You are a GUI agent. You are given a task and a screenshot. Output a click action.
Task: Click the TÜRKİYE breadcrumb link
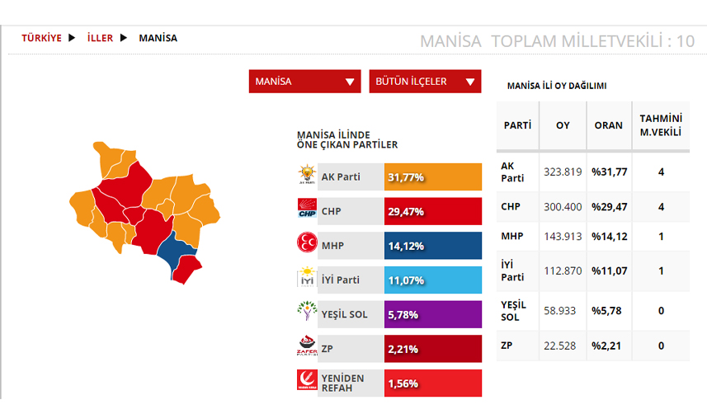(x=41, y=38)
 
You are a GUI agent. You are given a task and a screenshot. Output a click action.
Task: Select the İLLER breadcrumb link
(x=100, y=38)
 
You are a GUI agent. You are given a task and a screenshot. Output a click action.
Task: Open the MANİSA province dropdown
(x=304, y=82)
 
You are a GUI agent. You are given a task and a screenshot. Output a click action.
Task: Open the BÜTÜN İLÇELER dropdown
(x=424, y=82)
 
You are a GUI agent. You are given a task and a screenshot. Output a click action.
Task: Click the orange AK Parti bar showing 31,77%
(x=433, y=177)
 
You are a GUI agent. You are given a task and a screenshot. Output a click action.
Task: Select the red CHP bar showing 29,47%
(x=433, y=212)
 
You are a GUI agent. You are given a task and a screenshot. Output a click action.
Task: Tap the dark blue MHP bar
(x=433, y=246)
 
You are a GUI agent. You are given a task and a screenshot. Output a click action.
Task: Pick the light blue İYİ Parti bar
(x=433, y=280)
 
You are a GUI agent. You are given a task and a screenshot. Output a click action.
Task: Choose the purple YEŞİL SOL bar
(x=433, y=314)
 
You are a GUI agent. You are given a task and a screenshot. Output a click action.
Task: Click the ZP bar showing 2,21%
(x=433, y=349)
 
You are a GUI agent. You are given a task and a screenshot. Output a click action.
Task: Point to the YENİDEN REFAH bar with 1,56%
(x=433, y=383)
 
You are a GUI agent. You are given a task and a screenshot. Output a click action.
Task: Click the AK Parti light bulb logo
(x=307, y=176)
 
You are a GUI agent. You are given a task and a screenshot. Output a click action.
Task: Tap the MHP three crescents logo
(x=307, y=245)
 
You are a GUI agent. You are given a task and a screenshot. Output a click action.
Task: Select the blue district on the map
(x=172, y=250)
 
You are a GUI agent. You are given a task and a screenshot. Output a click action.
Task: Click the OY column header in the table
(x=563, y=125)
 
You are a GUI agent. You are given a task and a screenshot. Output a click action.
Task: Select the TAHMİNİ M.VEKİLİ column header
(x=661, y=125)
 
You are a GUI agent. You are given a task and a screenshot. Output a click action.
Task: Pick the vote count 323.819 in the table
(x=563, y=172)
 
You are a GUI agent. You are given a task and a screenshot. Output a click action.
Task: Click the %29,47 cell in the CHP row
(x=608, y=206)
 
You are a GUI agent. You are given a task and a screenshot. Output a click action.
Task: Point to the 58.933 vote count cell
(x=563, y=310)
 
